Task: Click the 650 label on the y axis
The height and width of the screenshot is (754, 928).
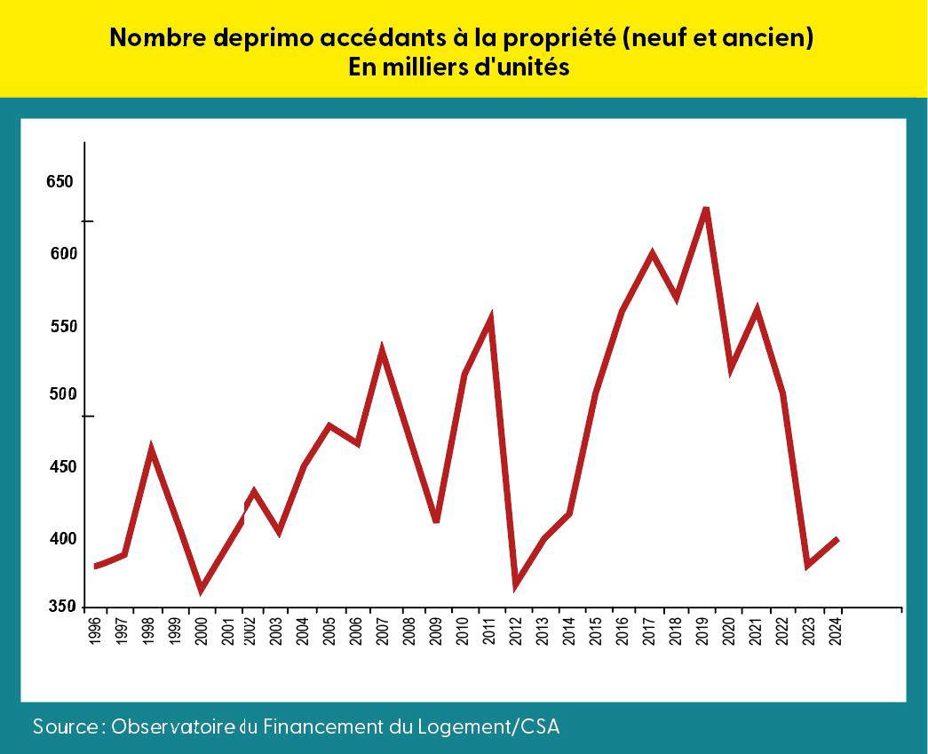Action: tap(60, 182)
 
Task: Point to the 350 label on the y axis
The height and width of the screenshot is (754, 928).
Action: tap(60, 607)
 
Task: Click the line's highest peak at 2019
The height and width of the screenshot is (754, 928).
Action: tap(706, 209)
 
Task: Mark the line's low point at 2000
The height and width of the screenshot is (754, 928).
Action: tap(202, 589)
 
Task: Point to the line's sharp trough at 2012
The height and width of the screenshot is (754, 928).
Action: tap(515, 584)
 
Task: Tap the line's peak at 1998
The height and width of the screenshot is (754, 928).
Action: tap(152, 449)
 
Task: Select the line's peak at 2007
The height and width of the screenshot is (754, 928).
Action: tap(382, 350)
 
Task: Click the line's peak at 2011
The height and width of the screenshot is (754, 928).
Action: tap(490, 318)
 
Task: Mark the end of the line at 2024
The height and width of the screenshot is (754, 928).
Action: tap(837, 539)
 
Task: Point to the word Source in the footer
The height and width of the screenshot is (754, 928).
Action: tap(67, 726)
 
